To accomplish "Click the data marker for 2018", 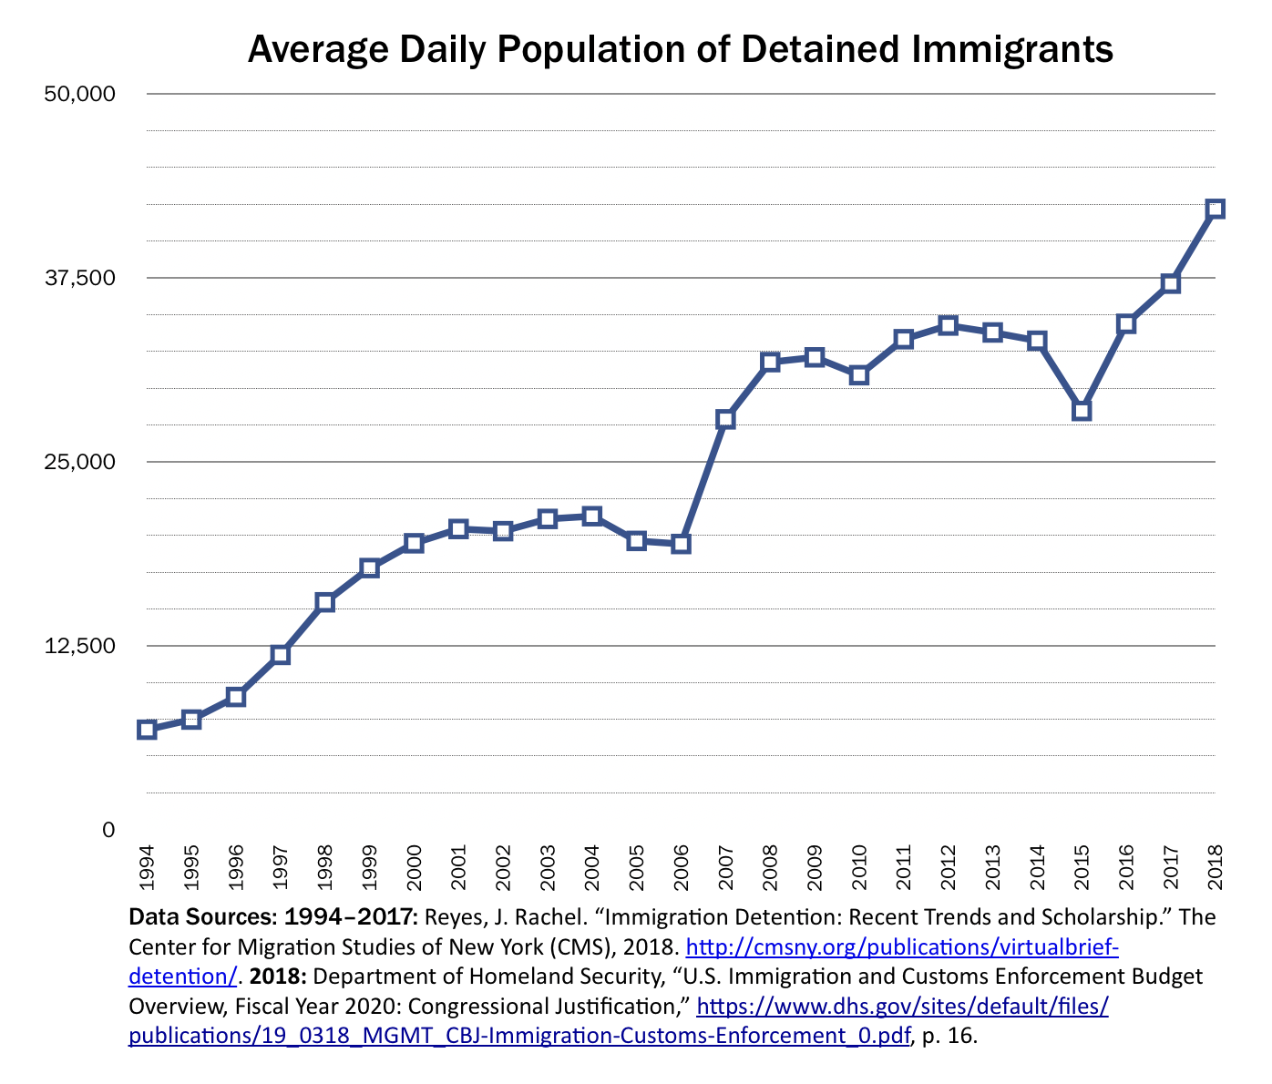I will [1215, 209].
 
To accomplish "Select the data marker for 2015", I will [1082, 411].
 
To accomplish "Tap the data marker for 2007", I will [725, 419].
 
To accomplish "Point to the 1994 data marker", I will [147, 729].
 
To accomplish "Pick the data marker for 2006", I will [681, 544].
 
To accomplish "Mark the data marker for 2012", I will [948, 325].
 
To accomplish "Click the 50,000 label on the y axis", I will [80, 94].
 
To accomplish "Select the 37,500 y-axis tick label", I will [80, 278].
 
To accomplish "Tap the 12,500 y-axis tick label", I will [80, 645].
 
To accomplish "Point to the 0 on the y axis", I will [108, 829].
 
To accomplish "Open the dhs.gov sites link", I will [902, 1007].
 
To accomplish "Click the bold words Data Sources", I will [203, 917].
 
